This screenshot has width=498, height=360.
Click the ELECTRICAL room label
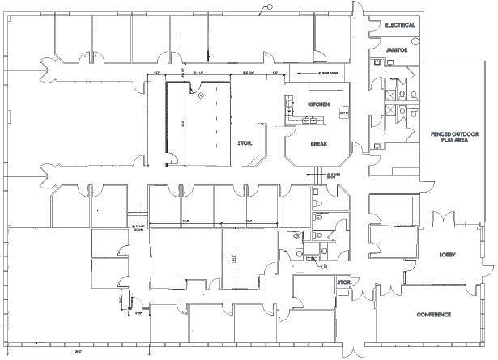tap(401, 25)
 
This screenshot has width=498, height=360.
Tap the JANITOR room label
tap(401, 49)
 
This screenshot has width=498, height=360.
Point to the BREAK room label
tap(319, 145)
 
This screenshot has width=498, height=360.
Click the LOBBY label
tap(448, 253)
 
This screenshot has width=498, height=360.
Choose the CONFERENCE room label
tap(434, 314)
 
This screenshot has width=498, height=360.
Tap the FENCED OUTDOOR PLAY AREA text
tap(458, 137)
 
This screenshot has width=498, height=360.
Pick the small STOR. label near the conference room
tap(343, 282)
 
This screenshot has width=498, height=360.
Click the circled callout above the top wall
tap(270, 6)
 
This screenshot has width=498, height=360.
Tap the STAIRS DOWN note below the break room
tap(332, 175)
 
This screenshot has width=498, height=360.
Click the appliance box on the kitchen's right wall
tap(343, 112)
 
